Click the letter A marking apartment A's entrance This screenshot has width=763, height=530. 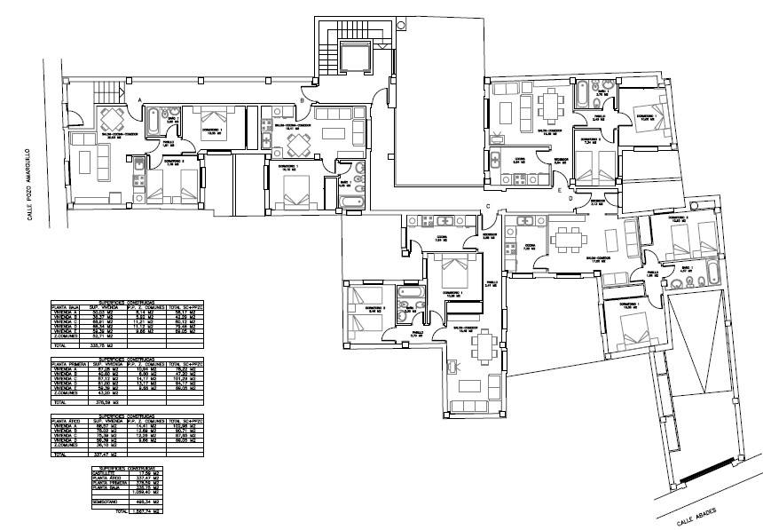click(140, 99)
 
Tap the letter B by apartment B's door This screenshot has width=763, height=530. click(303, 102)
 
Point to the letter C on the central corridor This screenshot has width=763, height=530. click(489, 207)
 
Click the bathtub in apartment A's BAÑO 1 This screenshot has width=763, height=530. click(153, 119)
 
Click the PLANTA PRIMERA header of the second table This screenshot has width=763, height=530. click(70, 365)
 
